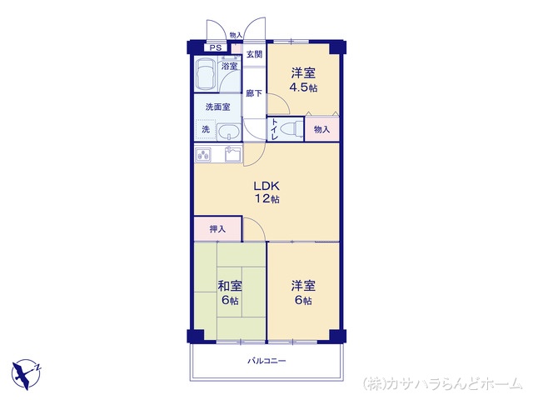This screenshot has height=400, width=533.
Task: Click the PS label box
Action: (215, 48)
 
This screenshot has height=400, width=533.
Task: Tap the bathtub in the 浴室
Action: (205, 74)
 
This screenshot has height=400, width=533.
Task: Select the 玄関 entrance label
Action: (254, 54)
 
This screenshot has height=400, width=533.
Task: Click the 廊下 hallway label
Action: (254, 93)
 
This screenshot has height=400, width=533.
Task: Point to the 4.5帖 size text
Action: (303, 87)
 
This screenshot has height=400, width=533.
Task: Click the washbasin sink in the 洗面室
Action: (228, 132)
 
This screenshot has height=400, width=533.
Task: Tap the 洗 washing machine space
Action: (206, 129)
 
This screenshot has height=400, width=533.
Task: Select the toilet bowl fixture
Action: (293, 129)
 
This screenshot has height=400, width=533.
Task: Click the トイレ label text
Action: (275, 129)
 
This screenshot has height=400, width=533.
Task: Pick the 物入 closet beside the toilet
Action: (322, 129)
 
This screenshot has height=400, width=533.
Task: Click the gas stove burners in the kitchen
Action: (203, 155)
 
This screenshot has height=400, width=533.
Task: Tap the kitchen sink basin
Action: (233, 155)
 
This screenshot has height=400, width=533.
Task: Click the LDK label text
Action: (266, 186)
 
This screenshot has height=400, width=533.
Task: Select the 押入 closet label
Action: (217, 229)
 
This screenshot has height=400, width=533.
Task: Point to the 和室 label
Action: (230, 286)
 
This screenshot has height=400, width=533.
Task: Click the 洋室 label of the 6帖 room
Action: (303, 286)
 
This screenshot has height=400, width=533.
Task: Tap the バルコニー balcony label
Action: (266, 361)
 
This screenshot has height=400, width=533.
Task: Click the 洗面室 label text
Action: (218, 107)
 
